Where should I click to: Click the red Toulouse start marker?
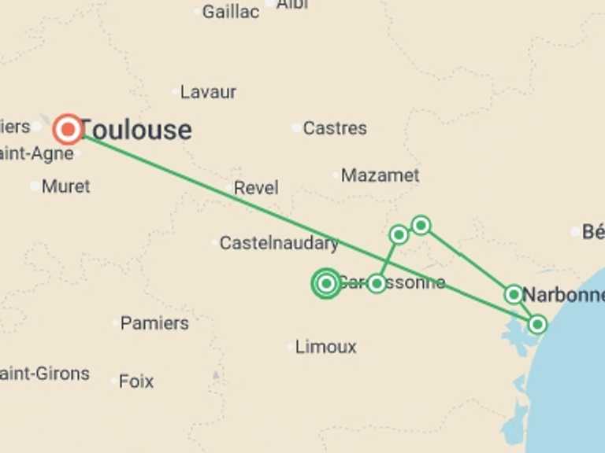(68, 129)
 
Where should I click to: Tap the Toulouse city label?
(135, 130)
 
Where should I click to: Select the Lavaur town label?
(208, 92)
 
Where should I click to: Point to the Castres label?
(335, 127)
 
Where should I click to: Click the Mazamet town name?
(380, 175)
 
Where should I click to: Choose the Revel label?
(256, 188)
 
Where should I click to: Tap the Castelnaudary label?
(279, 243)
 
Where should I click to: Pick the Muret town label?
(65, 186)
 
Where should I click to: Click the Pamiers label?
(154, 323)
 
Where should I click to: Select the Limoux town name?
(325, 347)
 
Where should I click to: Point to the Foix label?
(136, 381)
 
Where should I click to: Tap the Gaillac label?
(230, 12)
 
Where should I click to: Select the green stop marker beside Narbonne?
(514, 295)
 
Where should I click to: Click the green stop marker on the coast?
(537, 323)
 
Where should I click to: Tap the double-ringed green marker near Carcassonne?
(326, 283)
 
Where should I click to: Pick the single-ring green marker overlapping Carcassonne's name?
(377, 283)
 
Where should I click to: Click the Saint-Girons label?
(44, 374)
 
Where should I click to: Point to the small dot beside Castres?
(296, 127)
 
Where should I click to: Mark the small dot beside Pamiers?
(115, 323)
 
